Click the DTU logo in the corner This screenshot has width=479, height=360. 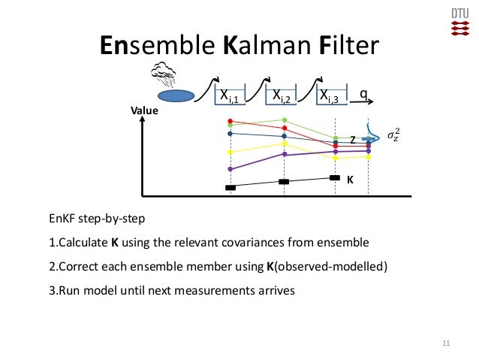click(x=458, y=22)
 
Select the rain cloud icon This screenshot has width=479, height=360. click(x=164, y=73)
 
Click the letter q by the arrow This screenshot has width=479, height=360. click(x=363, y=94)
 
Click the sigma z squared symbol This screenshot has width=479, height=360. click(x=393, y=136)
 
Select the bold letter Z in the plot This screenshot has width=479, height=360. click(x=352, y=140)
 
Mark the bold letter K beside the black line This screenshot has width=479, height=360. click(x=350, y=180)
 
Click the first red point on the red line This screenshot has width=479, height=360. click(x=230, y=121)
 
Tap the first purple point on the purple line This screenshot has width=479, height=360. click(x=230, y=169)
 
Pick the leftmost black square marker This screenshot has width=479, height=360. click(x=230, y=187)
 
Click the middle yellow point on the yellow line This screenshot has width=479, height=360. click(x=285, y=144)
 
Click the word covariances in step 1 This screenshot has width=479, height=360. click(x=264, y=244)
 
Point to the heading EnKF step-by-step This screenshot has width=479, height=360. click(x=96, y=220)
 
